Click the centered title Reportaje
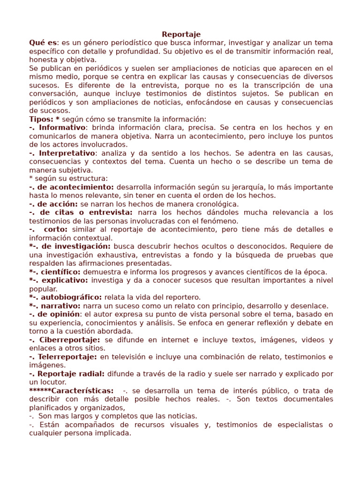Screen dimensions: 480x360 181,34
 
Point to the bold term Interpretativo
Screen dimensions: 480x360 67,153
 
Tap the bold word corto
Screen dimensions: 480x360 56,229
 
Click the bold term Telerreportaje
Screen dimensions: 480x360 68,357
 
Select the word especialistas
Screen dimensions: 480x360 294,425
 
